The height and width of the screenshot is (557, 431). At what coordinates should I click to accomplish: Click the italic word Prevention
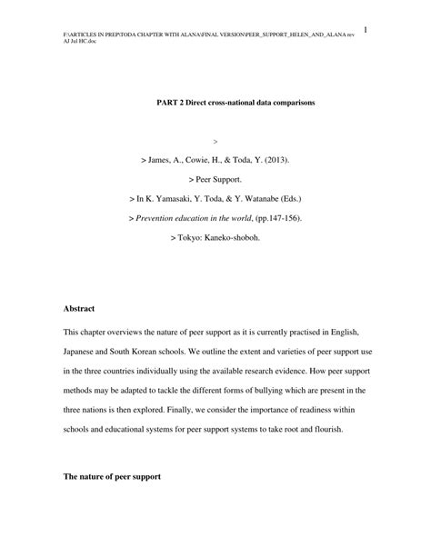pyautogui.click(x=160, y=218)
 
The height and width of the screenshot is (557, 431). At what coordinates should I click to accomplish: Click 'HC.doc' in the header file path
pyautogui.click(x=83, y=43)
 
